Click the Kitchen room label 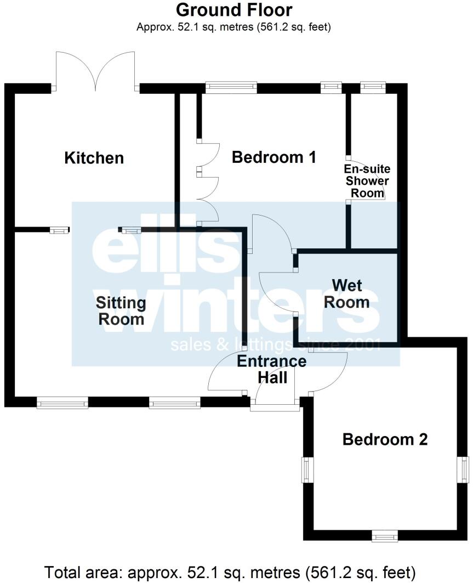pyautogui.click(x=94, y=158)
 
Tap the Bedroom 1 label pyautogui.click(x=274, y=157)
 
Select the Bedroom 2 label pyautogui.click(x=385, y=439)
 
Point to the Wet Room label pyautogui.click(x=347, y=293)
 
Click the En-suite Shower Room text pyautogui.click(x=367, y=180)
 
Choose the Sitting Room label pyautogui.click(x=121, y=310)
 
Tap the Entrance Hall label pyautogui.click(x=271, y=369)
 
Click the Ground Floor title pyautogui.click(x=233, y=10)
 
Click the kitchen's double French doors pyautogui.click(x=96, y=71)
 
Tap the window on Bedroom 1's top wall pyautogui.click(x=231, y=86)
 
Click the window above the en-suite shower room pyautogui.click(x=373, y=86)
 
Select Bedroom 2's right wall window pyautogui.click(x=464, y=469)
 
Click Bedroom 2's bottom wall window pyautogui.click(x=384, y=536)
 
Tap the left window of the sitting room pyautogui.click(x=62, y=404)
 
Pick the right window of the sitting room pyautogui.click(x=175, y=404)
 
